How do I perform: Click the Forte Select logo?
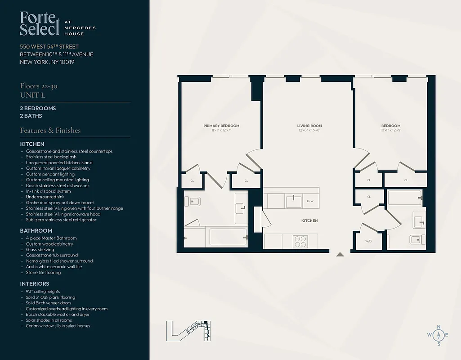40,24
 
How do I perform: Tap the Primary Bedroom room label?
221,126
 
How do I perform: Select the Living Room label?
309,126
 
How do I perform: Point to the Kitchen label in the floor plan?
309,220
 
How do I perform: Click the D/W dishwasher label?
310,201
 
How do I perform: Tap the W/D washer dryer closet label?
368,241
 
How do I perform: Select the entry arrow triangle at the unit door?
340,254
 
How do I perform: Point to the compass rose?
439,335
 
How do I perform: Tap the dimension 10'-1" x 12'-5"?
391,130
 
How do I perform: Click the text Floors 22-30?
38,86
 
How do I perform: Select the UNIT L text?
32,95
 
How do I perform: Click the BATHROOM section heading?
36,231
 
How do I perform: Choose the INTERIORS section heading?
35,284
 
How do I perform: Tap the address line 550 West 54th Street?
49,46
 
